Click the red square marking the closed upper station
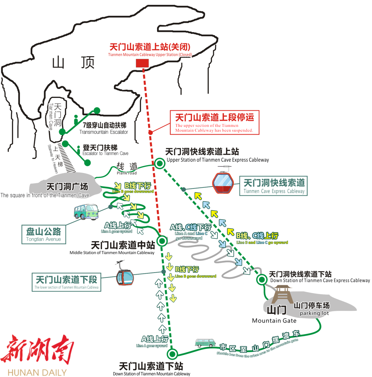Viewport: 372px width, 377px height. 142,63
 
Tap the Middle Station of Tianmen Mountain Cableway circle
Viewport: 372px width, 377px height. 162,241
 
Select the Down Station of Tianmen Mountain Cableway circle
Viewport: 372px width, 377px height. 172,354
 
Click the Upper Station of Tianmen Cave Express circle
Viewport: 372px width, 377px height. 159,163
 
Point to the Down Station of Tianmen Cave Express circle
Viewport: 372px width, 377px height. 262,279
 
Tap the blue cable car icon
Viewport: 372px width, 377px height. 125,276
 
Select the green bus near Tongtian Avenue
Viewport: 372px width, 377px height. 86,212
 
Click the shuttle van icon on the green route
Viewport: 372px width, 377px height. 205,343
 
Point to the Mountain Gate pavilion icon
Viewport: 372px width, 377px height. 283,294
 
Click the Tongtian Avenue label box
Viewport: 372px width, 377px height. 44,234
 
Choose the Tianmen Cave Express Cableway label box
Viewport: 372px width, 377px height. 273,186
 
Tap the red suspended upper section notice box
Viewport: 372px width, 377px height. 215,122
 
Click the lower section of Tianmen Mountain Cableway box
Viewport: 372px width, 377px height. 66,282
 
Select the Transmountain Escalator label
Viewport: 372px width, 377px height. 104,129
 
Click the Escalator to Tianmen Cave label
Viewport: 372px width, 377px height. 105,150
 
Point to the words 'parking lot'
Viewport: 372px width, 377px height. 314,313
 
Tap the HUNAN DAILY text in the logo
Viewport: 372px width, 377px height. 37,373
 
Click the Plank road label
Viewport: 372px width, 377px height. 127,168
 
